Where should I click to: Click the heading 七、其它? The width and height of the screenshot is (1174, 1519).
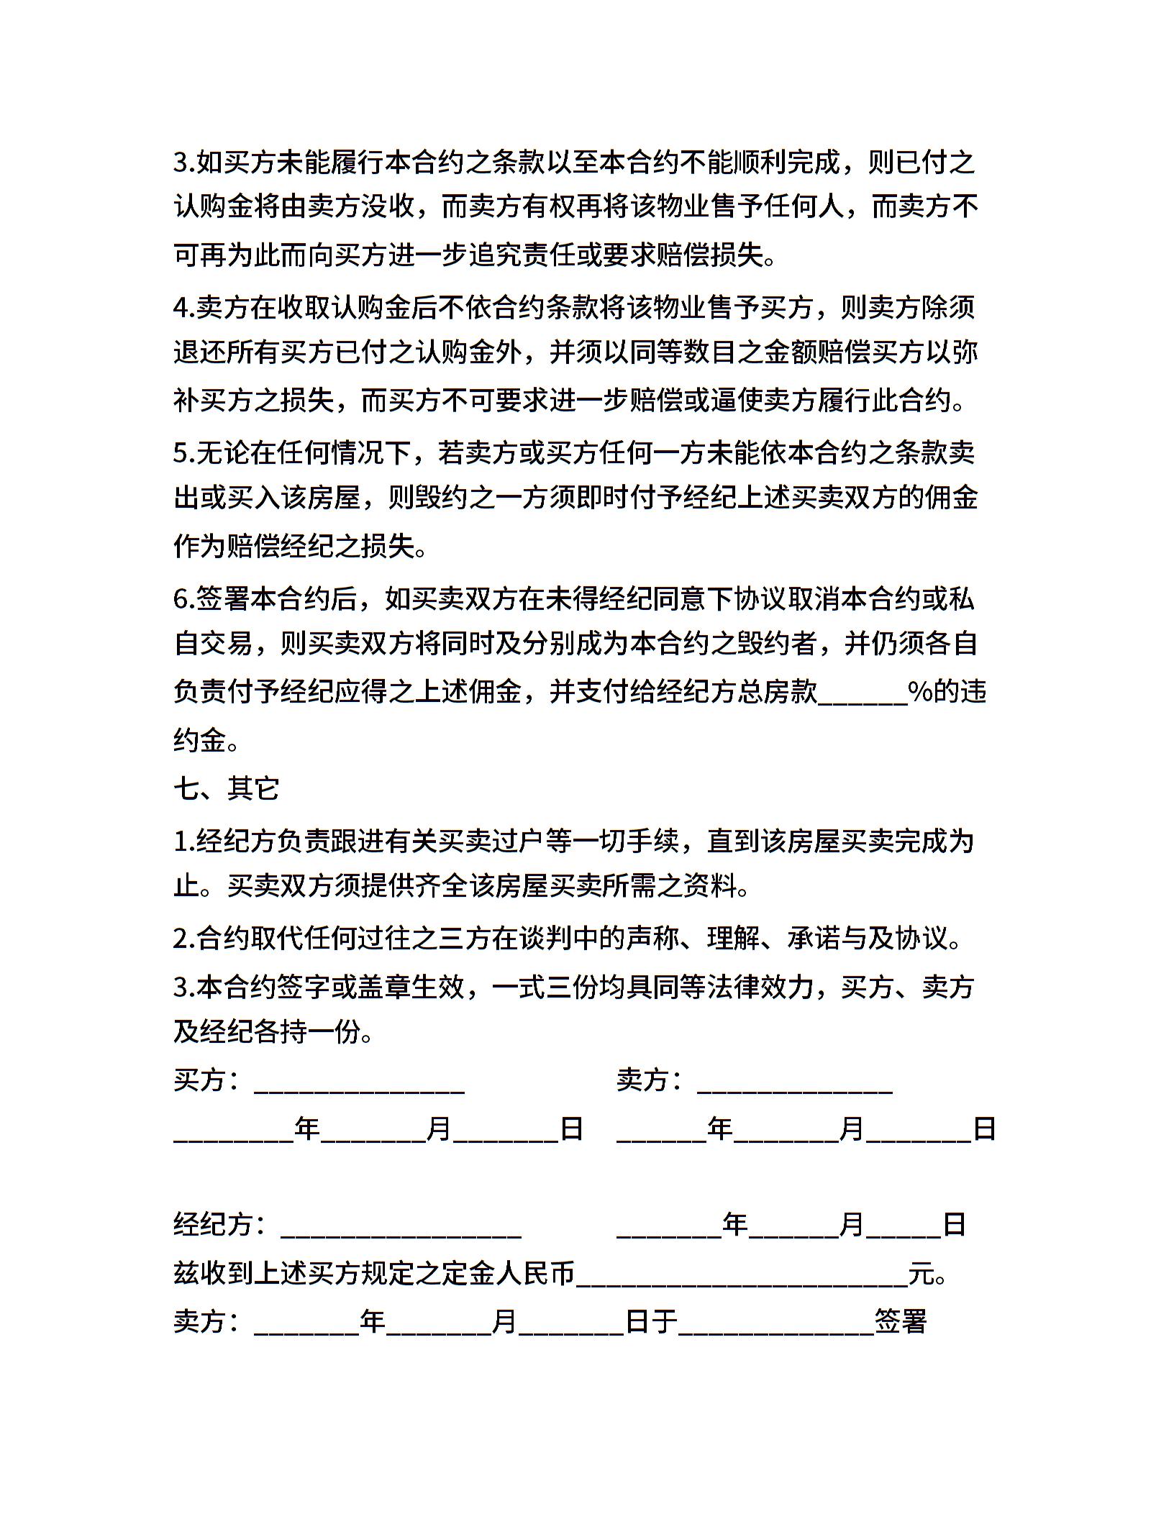tap(226, 789)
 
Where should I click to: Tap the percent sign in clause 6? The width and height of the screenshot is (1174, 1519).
tap(919, 692)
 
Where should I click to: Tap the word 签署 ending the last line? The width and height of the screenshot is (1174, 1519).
tap(900, 1322)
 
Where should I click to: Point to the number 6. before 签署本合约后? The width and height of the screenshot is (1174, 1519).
tap(183, 598)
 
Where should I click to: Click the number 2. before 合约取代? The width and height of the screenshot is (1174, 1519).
tap(183, 939)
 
